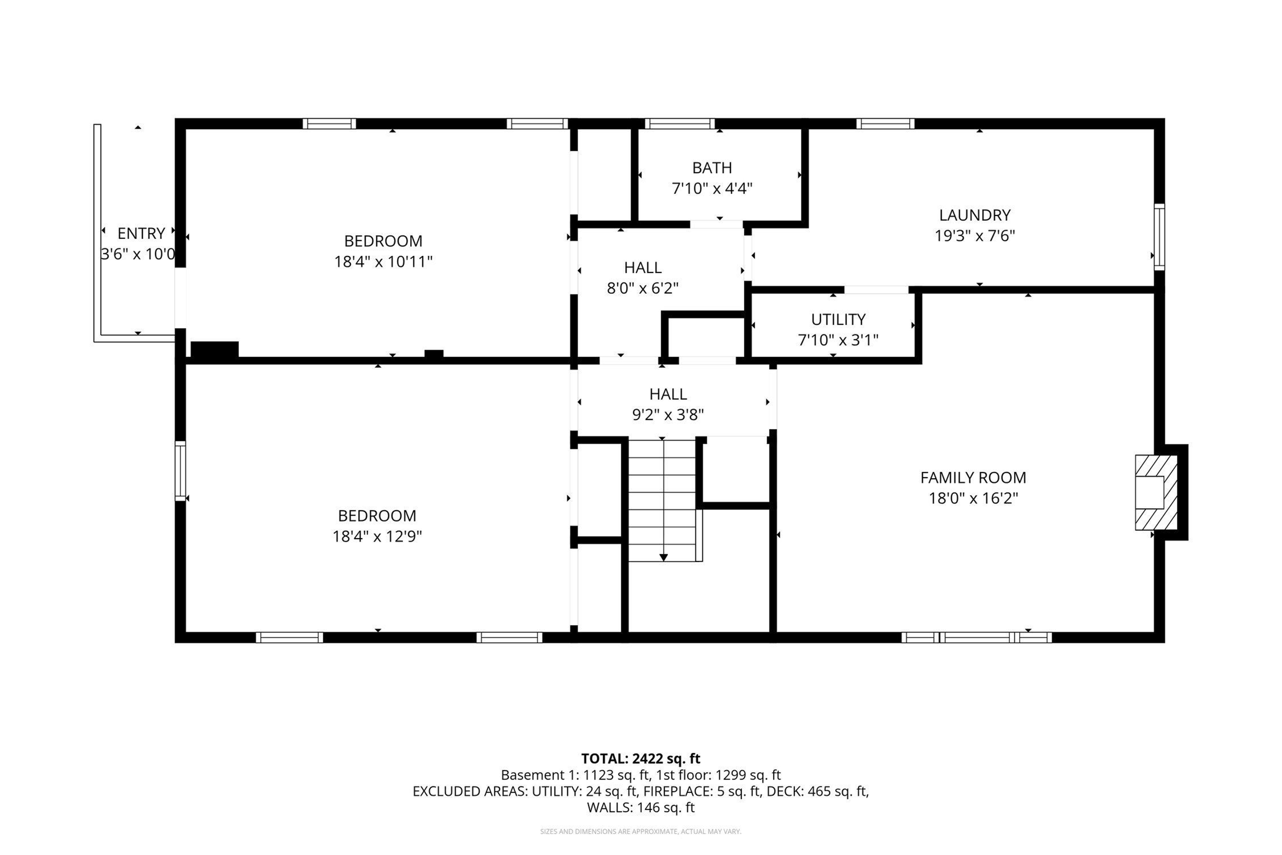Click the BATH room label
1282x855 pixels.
point(712,167)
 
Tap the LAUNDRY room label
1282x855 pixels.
point(975,215)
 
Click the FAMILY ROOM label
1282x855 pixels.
point(973,478)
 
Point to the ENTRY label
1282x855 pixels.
point(141,233)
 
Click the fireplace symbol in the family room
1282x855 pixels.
point(1156,492)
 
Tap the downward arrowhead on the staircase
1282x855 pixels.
point(663,557)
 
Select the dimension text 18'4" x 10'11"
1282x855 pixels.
point(383,262)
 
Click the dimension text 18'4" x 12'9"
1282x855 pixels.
point(377,537)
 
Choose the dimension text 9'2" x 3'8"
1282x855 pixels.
point(668,415)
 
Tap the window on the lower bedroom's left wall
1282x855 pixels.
point(180,471)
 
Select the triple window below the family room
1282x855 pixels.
point(976,637)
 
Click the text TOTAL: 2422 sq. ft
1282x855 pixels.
point(640,758)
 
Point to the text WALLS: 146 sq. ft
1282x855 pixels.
point(640,808)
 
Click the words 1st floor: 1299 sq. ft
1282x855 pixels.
point(718,775)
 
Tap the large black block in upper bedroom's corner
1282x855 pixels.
point(214,349)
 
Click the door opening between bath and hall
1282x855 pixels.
point(716,224)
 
